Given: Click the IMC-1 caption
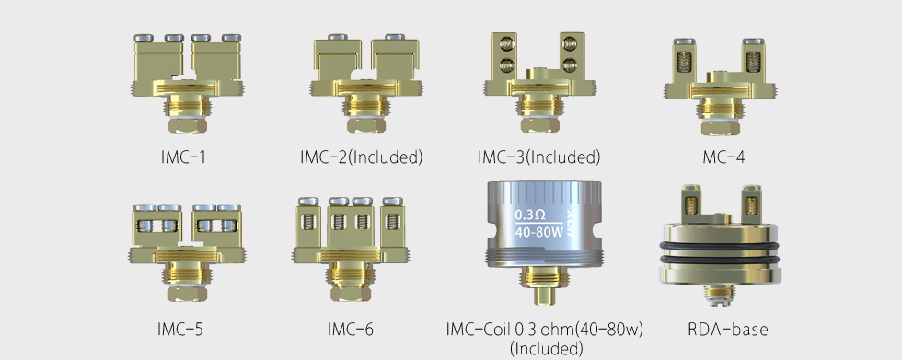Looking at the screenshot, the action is click(183, 157).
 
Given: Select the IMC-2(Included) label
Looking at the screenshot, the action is click(361, 157).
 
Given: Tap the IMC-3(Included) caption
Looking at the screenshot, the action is click(539, 157).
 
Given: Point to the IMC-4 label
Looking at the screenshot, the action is click(721, 157).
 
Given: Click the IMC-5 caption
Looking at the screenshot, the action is click(180, 330).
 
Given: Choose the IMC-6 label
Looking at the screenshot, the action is click(351, 330).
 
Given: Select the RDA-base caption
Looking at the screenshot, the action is click(728, 330).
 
